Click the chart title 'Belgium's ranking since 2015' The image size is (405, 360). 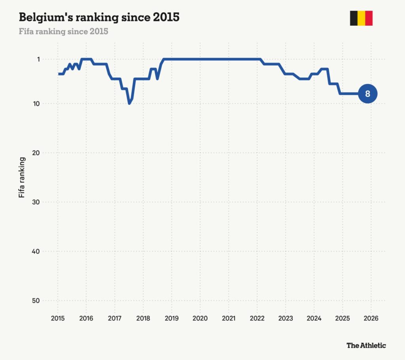(x=99, y=18)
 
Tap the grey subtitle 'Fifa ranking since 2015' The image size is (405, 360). (x=63, y=31)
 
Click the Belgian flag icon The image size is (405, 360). (x=361, y=18)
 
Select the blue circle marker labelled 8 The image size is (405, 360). (x=367, y=94)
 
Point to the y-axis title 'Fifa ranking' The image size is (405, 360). (x=23, y=177)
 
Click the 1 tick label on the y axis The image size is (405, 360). (x=39, y=59)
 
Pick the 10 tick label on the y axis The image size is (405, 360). (x=37, y=104)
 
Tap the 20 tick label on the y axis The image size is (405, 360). (x=37, y=153)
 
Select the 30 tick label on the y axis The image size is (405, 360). (x=37, y=202)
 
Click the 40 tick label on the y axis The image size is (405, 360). (x=37, y=251)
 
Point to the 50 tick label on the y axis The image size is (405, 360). (x=37, y=301)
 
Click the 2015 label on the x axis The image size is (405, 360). (x=58, y=318)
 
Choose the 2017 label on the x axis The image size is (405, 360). (x=115, y=318)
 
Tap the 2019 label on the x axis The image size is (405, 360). (x=171, y=318)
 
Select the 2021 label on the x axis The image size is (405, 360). (x=228, y=318)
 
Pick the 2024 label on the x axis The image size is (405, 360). (x=314, y=318)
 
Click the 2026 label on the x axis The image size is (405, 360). (x=371, y=318)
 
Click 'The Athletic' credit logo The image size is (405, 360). (x=366, y=345)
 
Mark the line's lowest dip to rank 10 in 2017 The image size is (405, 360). (x=129, y=103)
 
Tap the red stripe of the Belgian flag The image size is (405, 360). (x=369, y=18)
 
